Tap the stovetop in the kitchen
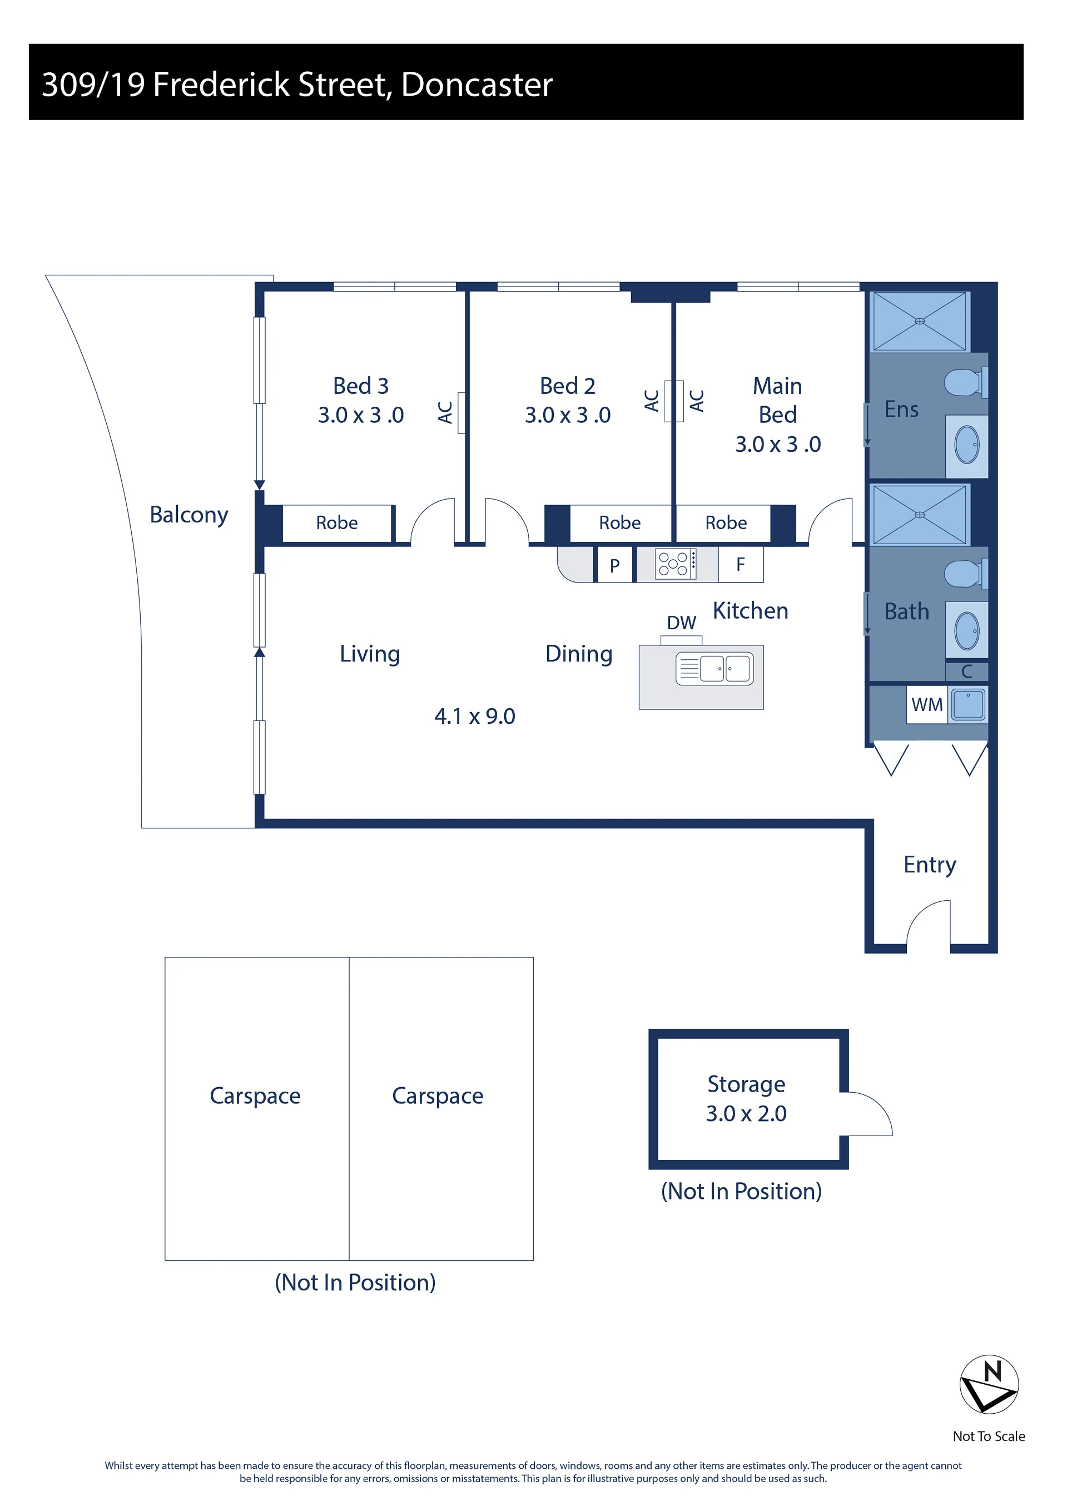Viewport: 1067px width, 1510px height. point(675,564)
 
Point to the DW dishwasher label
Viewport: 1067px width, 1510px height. point(681,623)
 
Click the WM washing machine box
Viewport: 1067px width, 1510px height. point(927,705)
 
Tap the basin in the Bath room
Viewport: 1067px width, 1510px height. point(967,630)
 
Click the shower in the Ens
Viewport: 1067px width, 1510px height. point(920,322)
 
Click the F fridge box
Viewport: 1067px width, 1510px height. point(741,564)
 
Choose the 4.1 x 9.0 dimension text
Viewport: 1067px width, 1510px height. point(475,716)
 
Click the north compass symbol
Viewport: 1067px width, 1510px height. point(989,1384)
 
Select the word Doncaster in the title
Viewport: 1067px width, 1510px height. point(477,85)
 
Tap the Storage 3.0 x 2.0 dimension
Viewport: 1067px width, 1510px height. point(746,1113)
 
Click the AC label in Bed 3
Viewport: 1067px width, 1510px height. point(445,412)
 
